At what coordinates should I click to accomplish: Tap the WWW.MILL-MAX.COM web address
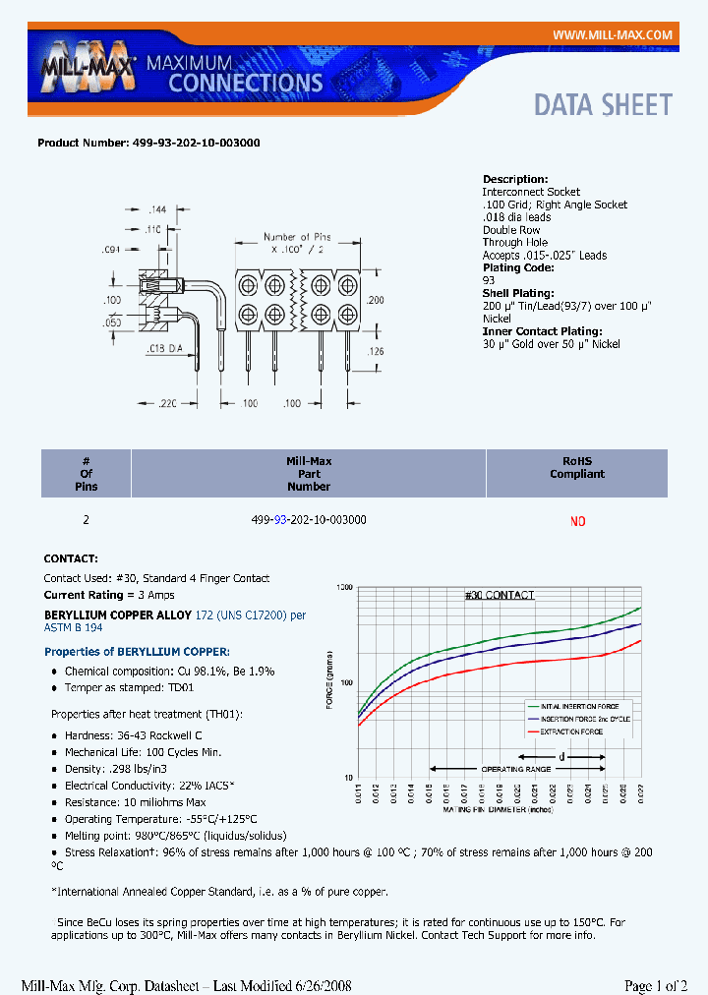pos(612,35)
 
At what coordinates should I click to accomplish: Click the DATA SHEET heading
pos(603,105)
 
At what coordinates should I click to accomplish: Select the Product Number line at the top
pos(148,143)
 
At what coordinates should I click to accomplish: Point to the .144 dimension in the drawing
pos(155,210)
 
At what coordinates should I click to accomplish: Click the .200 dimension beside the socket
pos(375,299)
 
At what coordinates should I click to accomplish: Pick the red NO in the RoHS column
pos(577,521)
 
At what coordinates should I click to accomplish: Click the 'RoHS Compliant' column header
pos(577,467)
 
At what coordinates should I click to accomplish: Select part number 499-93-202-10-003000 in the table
pos(309,519)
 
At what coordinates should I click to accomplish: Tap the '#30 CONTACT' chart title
pos(499,595)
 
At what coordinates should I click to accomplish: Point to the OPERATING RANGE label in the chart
pos(515,769)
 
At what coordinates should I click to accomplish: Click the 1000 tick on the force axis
pos(343,588)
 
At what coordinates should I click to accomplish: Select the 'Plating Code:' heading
pos(518,267)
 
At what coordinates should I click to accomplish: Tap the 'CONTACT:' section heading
pos(70,557)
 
